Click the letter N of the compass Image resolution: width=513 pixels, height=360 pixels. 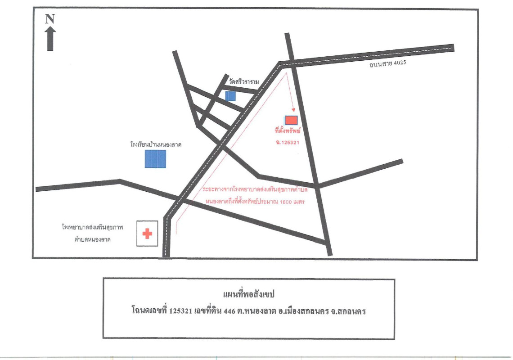[x=50, y=19]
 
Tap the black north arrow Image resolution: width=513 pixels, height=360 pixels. [x=50, y=39]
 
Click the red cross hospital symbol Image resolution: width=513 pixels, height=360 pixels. [x=147, y=234]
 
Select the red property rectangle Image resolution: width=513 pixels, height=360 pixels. [x=291, y=120]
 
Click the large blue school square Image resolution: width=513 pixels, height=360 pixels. [x=155, y=159]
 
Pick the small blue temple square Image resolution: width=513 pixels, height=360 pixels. [x=230, y=95]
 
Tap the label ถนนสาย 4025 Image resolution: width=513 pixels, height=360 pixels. [x=388, y=63]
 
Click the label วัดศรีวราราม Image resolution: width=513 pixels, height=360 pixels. [x=244, y=81]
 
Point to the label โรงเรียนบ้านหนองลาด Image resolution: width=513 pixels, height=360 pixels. [x=156, y=144]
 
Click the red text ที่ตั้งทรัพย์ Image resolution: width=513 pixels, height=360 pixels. [x=288, y=131]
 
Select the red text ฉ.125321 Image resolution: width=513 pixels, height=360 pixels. [x=288, y=142]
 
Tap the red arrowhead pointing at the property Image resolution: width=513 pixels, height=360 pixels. [x=293, y=110]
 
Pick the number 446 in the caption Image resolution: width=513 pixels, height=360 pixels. [x=229, y=311]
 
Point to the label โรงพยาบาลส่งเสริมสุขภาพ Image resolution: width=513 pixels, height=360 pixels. [x=93, y=227]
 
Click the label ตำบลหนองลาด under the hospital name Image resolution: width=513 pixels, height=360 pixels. [x=93, y=239]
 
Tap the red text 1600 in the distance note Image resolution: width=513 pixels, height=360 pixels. [x=287, y=202]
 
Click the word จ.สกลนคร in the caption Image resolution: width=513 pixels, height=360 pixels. [x=348, y=311]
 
